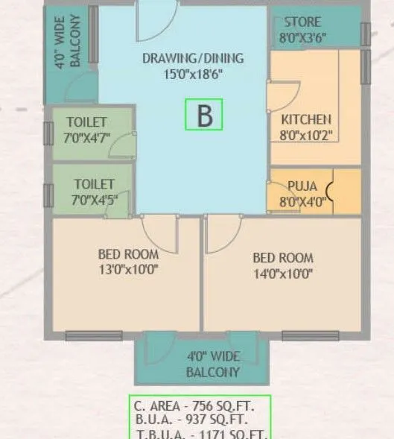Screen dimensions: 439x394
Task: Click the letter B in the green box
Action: (204, 116)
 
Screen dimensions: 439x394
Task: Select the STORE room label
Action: (302, 22)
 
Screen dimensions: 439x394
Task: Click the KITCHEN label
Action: (306, 119)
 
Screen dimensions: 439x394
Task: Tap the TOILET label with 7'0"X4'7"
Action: (87, 122)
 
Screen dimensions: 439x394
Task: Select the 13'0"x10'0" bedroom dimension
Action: (128, 269)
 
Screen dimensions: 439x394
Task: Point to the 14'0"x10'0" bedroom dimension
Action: (283, 274)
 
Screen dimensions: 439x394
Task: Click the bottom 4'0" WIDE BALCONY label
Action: (213, 365)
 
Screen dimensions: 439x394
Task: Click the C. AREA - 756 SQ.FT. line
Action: (199, 407)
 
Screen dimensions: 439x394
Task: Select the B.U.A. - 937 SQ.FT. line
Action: (199, 421)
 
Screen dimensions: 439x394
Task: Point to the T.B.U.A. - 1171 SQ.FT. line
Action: (199, 434)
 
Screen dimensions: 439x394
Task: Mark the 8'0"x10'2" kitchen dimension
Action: (306, 135)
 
